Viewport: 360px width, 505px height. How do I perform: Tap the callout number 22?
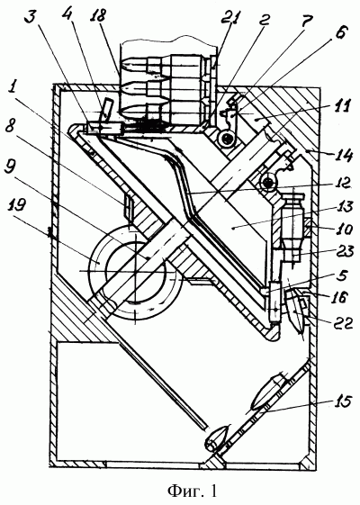click(x=343, y=322)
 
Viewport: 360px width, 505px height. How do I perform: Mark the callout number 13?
click(x=344, y=207)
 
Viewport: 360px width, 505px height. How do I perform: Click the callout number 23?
click(x=343, y=251)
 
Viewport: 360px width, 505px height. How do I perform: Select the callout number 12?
click(x=342, y=184)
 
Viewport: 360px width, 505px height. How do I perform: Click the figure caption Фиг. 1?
click(x=193, y=491)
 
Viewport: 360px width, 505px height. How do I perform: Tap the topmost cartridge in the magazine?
click(x=164, y=66)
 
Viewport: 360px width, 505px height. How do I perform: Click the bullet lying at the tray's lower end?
click(x=218, y=437)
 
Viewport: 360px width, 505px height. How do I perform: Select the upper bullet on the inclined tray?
click(x=267, y=392)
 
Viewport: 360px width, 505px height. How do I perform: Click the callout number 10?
click(x=344, y=230)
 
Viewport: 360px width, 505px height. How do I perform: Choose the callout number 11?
click(x=342, y=107)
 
